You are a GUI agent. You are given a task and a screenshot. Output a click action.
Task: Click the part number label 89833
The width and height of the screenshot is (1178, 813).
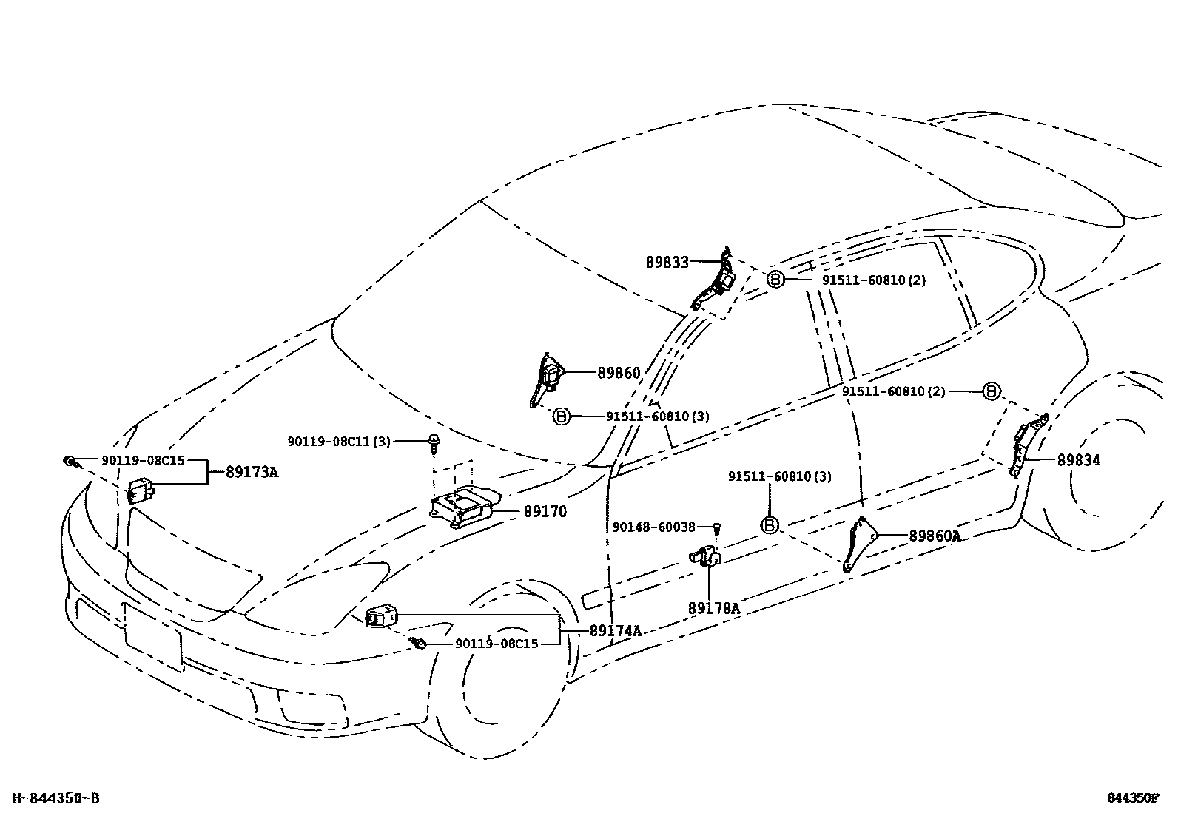point(667,262)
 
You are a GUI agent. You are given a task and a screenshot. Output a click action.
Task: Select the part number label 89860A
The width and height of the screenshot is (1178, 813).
point(935,536)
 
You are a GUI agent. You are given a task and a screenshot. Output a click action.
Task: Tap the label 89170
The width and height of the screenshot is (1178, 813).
point(545,511)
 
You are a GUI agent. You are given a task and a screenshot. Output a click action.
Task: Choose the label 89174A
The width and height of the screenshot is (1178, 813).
point(615,631)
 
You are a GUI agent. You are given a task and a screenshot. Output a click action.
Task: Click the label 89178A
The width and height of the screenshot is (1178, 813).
point(713,608)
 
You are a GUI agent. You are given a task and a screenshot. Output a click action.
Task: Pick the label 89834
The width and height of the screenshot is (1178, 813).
point(1078,460)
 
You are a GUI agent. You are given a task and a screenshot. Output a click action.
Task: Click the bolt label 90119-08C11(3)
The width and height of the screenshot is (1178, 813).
point(339,442)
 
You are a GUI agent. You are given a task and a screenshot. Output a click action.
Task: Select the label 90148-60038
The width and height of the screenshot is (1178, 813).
point(654,527)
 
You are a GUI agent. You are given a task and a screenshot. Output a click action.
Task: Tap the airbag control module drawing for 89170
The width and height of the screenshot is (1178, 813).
point(462,507)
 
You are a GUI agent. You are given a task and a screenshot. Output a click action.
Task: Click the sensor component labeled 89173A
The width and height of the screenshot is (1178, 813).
point(141,490)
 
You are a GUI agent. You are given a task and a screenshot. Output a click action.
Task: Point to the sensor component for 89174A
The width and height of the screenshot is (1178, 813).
point(381,615)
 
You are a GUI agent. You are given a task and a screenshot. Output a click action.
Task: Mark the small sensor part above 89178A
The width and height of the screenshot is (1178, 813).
point(707,556)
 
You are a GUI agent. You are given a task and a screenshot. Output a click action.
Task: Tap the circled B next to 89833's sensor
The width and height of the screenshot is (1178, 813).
point(774,280)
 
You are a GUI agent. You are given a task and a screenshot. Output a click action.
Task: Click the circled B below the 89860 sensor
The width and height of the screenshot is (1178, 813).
point(561,416)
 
